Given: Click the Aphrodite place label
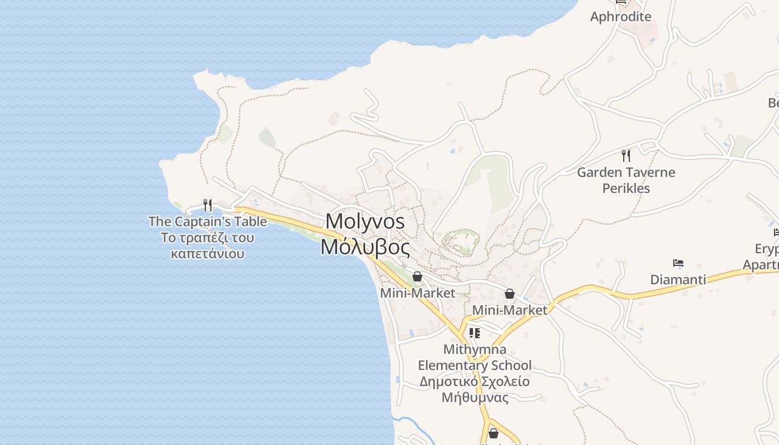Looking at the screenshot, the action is pyautogui.click(x=620, y=17).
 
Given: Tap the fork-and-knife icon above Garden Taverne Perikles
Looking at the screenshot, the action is pyautogui.click(x=626, y=155).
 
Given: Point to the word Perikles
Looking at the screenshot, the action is pyautogui.click(x=626, y=189).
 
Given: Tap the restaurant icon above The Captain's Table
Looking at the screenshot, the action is pyautogui.click(x=208, y=205).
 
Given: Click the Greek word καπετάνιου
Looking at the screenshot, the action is pyautogui.click(x=208, y=254).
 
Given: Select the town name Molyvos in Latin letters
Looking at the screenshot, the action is pyautogui.click(x=365, y=221).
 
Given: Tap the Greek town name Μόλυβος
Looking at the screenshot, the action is pyautogui.click(x=365, y=247).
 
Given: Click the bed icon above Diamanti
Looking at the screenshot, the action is pyautogui.click(x=678, y=263).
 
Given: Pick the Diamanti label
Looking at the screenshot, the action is pyautogui.click(x=678, y=279).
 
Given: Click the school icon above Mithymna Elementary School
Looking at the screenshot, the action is pyautogui.click(x=474, y=333).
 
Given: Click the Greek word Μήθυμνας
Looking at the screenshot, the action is pyautogui.click(x=475, y=398).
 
